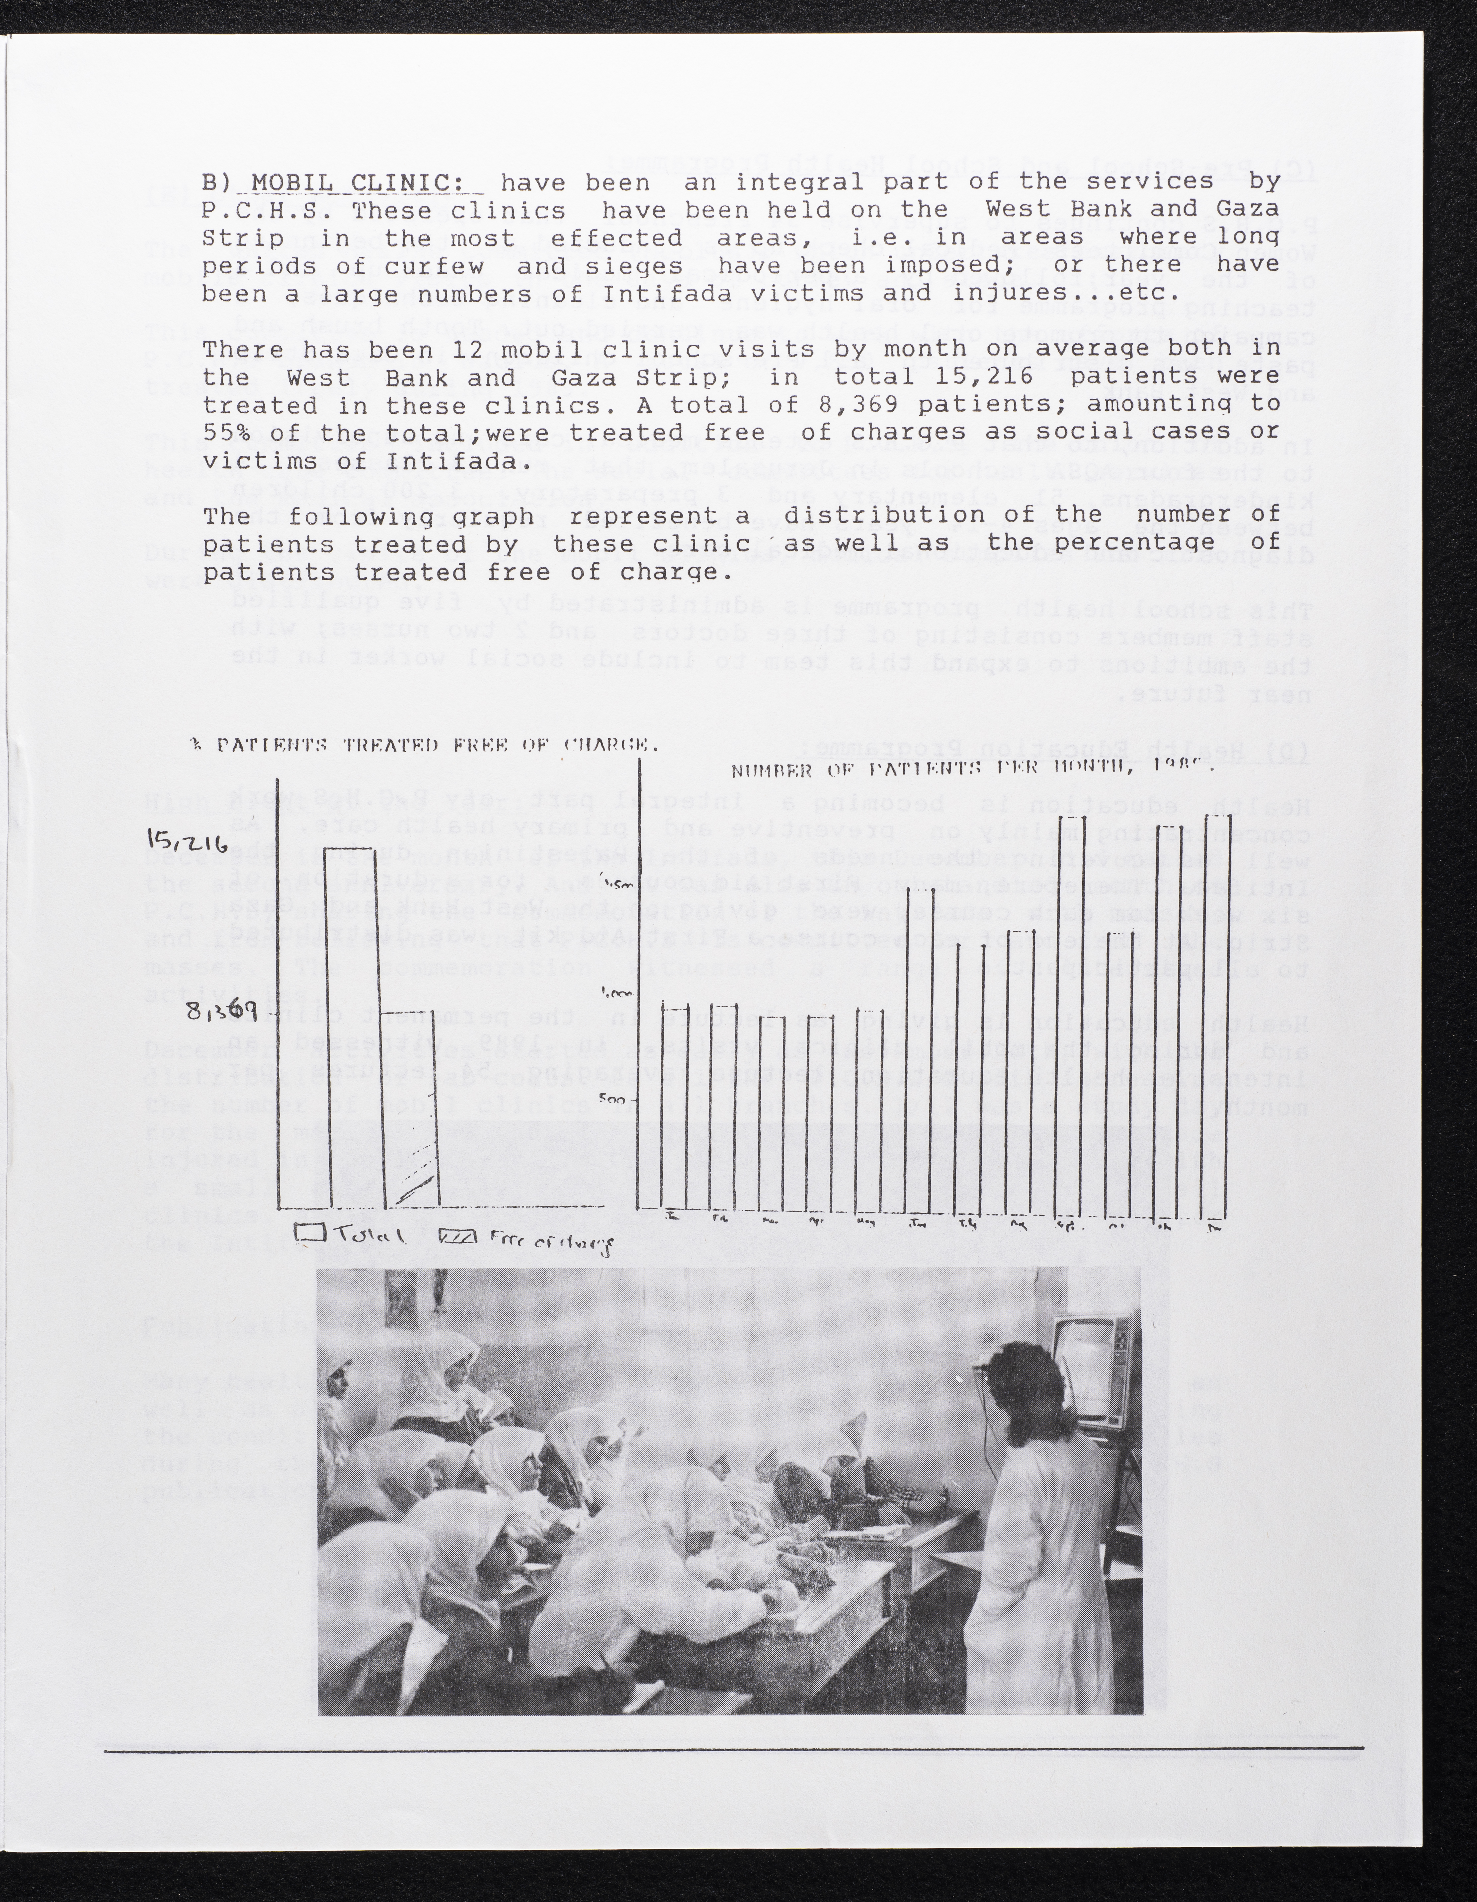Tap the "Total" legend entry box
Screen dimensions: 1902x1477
pos(310,1233)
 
